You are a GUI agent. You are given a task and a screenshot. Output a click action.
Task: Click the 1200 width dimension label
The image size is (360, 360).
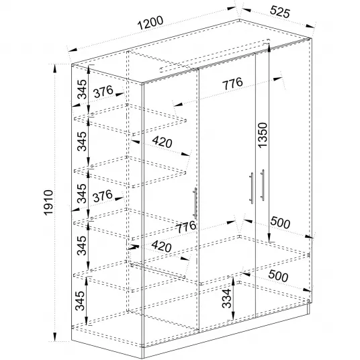[150, 23]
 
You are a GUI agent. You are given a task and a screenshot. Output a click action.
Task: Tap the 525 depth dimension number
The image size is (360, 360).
[280, 11]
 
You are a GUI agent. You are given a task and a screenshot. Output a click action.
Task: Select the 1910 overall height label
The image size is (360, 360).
[48, 203]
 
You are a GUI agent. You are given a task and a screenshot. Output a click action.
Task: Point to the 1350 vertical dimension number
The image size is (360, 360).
[263, 135]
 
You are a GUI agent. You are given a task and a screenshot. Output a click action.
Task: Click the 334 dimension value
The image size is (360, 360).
[226, 298]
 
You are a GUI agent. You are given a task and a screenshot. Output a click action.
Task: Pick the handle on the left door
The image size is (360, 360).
[195, 203]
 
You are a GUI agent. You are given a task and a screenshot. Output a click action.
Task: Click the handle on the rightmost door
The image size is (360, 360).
[263, 185]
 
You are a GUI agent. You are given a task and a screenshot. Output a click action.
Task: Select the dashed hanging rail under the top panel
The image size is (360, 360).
[215, 55]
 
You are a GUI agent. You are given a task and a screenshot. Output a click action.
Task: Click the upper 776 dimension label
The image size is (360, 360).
[232, 83]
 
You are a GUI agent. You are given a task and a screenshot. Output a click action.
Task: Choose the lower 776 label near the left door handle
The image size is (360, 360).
[186, 227]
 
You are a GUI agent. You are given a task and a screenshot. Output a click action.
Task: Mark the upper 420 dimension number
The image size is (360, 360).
[162, 142]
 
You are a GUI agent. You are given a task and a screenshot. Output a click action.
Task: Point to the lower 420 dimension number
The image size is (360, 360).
[161, 246]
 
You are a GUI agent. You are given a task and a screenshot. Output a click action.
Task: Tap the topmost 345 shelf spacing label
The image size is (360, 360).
[82, 89]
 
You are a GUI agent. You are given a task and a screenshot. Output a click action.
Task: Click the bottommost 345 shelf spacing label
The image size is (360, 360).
[80, 300]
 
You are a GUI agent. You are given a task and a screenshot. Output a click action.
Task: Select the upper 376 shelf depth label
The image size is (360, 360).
[103, 91]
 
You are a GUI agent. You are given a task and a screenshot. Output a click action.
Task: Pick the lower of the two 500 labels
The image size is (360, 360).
[278, 276]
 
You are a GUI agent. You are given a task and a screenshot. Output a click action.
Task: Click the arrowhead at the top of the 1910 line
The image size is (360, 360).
[54, 69]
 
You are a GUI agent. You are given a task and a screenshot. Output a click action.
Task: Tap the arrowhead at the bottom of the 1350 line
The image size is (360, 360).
[269, 237]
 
